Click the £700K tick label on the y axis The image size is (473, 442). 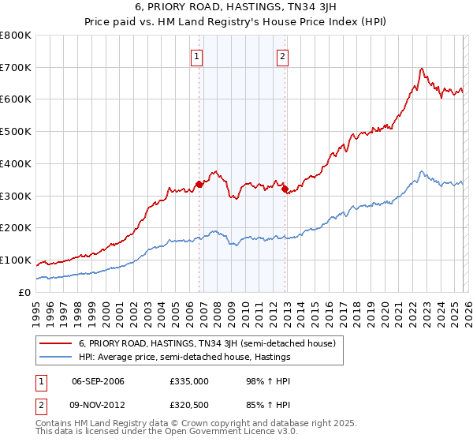[16, 68]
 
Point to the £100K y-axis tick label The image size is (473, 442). [16, 260]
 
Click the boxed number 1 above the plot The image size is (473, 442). [196, 56]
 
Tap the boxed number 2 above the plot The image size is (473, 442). [282, 56]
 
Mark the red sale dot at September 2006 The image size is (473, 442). [199, 185]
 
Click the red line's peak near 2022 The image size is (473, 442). [422, 69]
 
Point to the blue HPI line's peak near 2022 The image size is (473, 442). [422, 171]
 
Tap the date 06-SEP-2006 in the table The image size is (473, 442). [99, 381]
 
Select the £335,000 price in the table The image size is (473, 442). [188, 381]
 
